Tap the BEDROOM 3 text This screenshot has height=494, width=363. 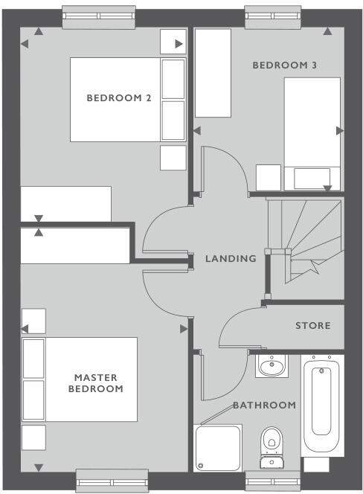285,65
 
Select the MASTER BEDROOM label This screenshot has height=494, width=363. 95,383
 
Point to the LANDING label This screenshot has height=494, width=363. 231,259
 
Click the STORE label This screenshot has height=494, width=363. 312,326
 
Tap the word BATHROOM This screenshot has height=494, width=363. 264,405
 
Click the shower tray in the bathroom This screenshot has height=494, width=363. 218,448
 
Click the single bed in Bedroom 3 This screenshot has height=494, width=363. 312,134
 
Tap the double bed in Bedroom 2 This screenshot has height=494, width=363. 126,100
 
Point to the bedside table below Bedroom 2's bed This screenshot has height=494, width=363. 173,157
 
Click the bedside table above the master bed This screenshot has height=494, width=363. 33,321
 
